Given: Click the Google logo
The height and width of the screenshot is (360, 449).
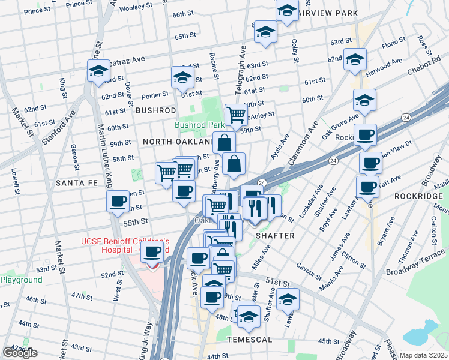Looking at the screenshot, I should tap(20, 353).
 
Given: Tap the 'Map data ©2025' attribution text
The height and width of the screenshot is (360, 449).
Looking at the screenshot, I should tap(423, 355).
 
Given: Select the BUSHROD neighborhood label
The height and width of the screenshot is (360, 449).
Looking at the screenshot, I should tap(155, 110).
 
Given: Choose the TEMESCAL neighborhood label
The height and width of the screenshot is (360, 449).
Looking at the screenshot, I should tap(250, 339).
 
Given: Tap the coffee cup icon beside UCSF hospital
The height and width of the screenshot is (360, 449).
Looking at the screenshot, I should tap(152, 252).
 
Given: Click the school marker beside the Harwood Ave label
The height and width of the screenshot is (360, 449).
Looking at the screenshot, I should tap(355, 59).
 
